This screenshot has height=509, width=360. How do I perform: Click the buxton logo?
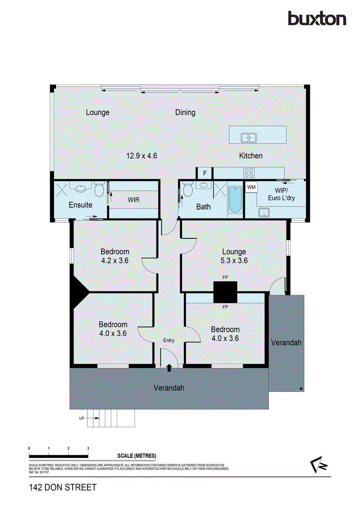click(x=317, y=18)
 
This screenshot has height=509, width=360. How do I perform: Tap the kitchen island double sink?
click(x=249, y=137)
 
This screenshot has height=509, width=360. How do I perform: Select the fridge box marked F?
click(x=205, y=173)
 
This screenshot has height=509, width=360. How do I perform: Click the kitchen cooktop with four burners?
click(x=248, y=173)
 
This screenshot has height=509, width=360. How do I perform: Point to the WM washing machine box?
click(x=251, y=187)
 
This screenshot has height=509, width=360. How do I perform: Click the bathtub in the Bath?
click(x=235, y=200)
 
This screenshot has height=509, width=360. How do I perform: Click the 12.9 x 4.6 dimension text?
click(x=142, y=156)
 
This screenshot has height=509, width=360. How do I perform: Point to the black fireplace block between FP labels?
click(x=225, y=292)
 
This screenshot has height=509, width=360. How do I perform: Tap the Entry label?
click(x=169, y=341)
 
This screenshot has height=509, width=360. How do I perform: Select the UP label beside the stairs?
click(x=82, y=418)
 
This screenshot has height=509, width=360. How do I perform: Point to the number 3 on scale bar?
click(x=88, y=448)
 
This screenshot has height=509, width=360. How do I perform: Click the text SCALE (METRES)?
click(x=137, y=456)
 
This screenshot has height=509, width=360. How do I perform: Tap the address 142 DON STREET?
click(x=63, y=487)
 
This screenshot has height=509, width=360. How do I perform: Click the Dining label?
click(x=186, y=112)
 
